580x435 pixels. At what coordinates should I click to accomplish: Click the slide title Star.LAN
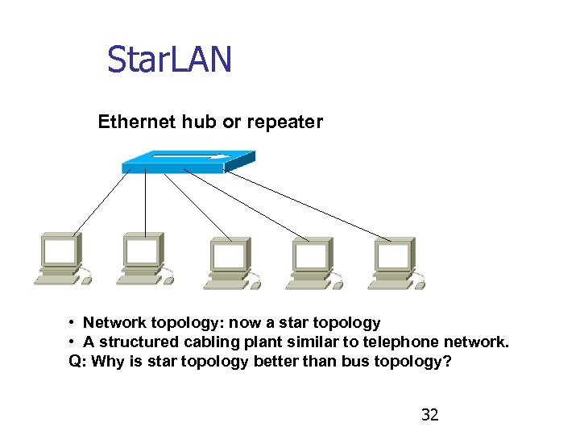pyautogui.click(x=169, y=59)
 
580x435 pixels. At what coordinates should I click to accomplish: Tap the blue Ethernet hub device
pyautogui.click(x=188, y=161)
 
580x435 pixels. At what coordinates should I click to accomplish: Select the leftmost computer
pyautogui.click(x=61, y=258)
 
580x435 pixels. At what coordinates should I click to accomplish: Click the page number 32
pyautogui.click(x=430, y=415)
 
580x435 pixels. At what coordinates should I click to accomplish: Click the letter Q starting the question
pyautogui.click(x=74, y=361)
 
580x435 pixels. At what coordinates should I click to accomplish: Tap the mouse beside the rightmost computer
pyautogui.click(x=420, y=284)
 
